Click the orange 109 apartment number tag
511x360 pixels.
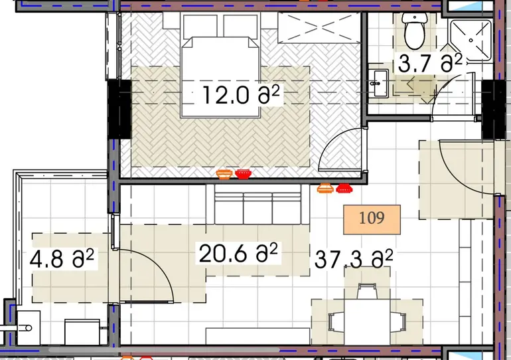pyautogui.click(x=372, y=219)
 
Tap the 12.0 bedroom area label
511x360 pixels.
pyautogui.click(x=241, y=95)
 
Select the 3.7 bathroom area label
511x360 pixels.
pyautogui.click(x=430, y=63)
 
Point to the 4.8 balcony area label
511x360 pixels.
pyautogui.click(x=62, y=258)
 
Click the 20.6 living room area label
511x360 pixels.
pyautogui.click(x=238, y=253)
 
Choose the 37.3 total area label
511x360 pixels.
pyautogui.click(x=354, y=259)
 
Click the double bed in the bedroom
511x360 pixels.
pyautogui.click(x=220, y=76)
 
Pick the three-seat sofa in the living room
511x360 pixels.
pyautogui.click(x=257, y=205)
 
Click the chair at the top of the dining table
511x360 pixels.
pyautogui.click(x=367, y=291)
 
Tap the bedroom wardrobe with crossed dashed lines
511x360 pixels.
pyautogui.click(x=319, y=27)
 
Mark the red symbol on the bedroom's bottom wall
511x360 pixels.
pyautogui.click(x=242, y=174)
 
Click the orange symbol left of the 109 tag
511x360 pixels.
pyautogui.click(x=325, y=188)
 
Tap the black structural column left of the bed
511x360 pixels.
pyautogui.click(x=119, y=109)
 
